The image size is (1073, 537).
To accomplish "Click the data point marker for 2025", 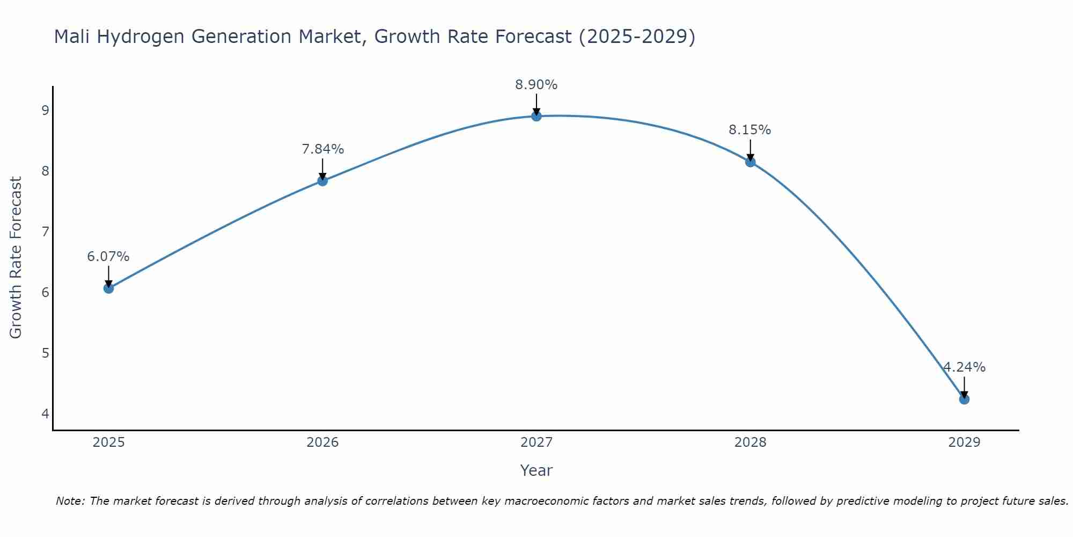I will (108, 288).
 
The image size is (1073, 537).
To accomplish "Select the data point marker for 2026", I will (322, 181).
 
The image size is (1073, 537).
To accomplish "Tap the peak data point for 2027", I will (536, 116).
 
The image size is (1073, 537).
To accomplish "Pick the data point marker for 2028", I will (750, 162).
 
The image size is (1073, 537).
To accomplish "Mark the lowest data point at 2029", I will (964, 399).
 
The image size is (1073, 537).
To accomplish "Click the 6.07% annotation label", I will (108, 257).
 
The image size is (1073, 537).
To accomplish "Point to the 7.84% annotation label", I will (322, 149).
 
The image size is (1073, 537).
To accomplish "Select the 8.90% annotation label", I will (536, 85).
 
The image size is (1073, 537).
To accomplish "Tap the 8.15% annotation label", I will (750, 130).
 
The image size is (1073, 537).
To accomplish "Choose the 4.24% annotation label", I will (964, 367).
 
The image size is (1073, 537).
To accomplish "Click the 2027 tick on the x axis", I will (536, 442).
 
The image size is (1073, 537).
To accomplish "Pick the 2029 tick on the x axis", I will (964, 442).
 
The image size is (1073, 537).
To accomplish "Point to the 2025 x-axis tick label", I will (108, 442).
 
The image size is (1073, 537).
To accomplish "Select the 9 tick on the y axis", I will (45, 111).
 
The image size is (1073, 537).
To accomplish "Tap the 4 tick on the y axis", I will (45, 413).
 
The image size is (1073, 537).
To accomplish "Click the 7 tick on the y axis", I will (45, 232).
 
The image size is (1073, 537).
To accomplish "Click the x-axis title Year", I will (536, 470).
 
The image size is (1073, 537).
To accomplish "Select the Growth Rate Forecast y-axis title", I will (16, 258).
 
